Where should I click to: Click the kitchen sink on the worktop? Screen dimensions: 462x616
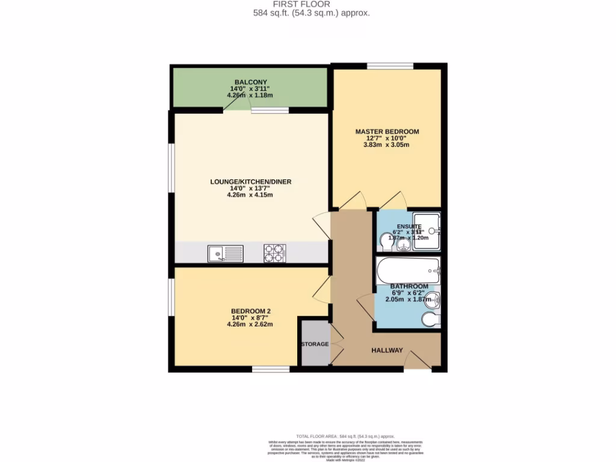(x=226, y=254)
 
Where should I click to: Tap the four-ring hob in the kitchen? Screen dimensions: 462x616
(x=275, y=253)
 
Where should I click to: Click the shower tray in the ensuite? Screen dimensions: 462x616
(x=427, y=232)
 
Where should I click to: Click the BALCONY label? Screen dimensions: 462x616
(x=250, y=82)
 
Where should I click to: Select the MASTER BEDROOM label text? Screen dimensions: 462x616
(x=387, y=131)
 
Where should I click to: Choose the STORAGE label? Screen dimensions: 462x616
(x=315, y=344)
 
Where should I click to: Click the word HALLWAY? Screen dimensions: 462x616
(x=387, y=350)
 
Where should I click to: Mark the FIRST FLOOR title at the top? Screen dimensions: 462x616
(x=310, y=4)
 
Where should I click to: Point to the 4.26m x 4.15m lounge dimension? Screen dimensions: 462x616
(x=250, y=195)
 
